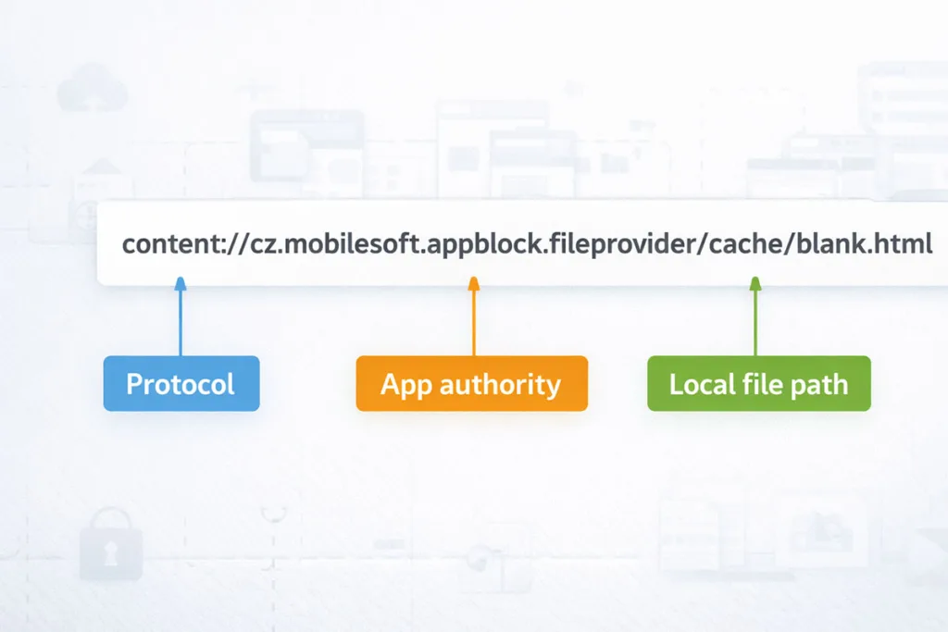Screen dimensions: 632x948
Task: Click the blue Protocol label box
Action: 181,383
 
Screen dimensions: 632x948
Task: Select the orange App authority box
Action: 471,383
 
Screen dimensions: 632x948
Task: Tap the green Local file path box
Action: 758,383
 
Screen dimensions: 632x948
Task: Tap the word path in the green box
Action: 818,384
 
